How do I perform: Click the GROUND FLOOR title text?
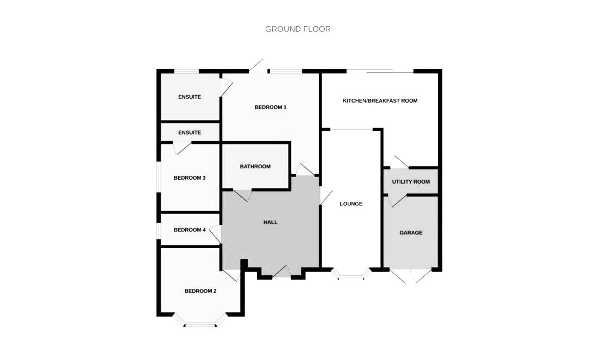[298, 29]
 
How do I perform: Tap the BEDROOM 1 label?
[270, 107]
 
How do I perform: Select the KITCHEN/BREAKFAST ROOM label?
[380, 100]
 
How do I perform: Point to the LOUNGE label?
[351, 204]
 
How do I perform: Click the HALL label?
[270, 222]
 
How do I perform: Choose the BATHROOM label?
[255, 166]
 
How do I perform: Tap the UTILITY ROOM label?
[411, 181]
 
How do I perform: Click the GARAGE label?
[411, 232]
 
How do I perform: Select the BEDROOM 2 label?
[200, 290]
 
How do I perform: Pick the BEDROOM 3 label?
[189, 178]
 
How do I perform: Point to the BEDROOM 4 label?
[190, 230]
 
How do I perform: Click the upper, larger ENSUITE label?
[190, 97]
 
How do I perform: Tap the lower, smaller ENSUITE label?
[190, 132]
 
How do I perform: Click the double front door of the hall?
[281, 273]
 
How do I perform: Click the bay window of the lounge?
[351, 276]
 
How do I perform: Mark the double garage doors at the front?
[411, 276]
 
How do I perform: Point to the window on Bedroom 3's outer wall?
[159, 178]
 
